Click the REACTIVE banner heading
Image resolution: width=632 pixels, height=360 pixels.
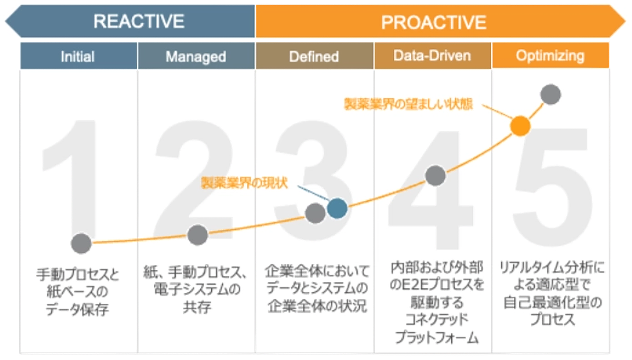tap(139, 22)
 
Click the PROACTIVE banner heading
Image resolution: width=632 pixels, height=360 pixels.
tap(434, 23)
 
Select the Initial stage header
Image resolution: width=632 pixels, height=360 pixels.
tap(78, 56)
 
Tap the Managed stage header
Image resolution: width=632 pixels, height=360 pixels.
tap(196, 56)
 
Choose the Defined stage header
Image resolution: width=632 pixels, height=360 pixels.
tap(314, 56)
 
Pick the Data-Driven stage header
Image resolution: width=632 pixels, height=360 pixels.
tap(433, 56)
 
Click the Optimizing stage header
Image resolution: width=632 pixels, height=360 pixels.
tap(550, 56)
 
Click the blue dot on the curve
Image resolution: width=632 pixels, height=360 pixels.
tap(337, 208)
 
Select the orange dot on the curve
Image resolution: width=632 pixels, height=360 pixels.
tap(520, 126)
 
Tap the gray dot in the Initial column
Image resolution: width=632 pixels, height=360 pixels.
tap(81, 243)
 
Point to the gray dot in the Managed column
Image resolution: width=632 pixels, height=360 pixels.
tap(198, 235)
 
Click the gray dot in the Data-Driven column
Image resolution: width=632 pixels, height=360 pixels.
tap(435, 176)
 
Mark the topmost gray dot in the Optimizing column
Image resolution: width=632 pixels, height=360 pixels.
tap(551, 94)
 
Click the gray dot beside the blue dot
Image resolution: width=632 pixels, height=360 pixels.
tap(315, 213)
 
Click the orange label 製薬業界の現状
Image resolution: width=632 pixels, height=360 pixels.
tap(244, 183)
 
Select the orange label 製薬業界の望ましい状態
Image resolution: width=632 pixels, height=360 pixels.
tap(408, 104)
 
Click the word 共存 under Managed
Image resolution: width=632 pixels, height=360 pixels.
tap(197, 307)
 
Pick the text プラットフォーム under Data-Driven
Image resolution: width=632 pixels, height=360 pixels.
tap(436, 337)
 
